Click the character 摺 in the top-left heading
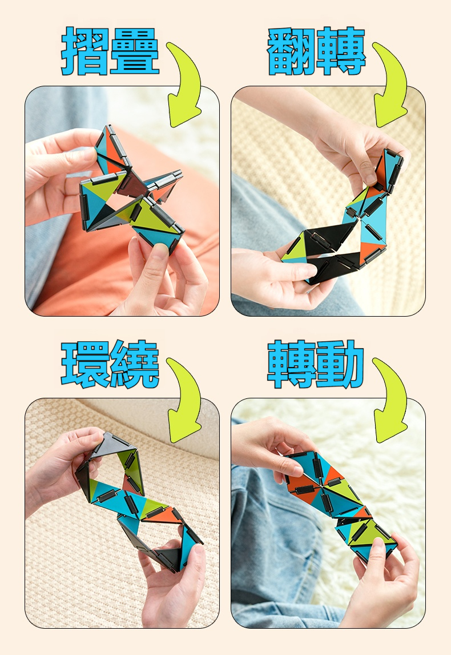point(86,51)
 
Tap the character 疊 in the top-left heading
point(134,51)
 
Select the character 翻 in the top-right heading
point(291,51)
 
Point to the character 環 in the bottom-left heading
point(86,364)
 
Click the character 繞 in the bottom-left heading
point(134,364)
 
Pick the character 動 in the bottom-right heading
point(340,364)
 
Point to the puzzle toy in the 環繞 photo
point(138,501)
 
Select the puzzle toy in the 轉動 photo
point(340,505)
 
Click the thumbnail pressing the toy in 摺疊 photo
point(159,251)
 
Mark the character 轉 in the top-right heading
point(340,51)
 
